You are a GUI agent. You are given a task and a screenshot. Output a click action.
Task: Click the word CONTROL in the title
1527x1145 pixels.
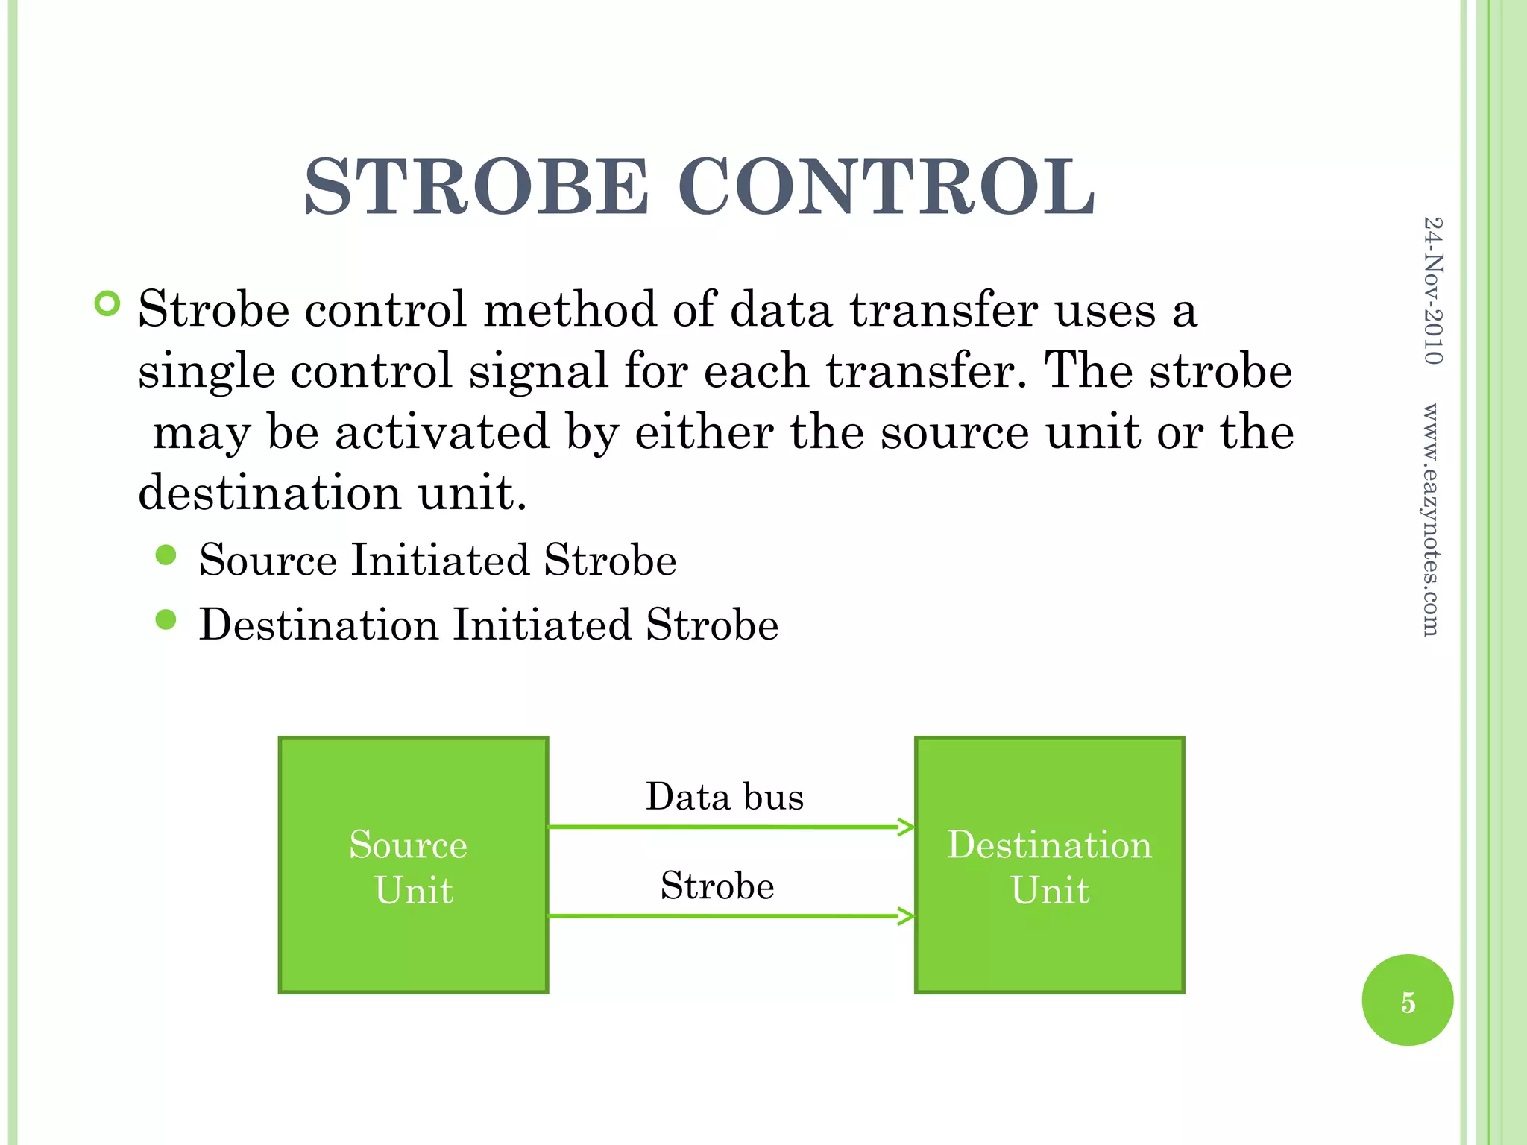tap(887, 187)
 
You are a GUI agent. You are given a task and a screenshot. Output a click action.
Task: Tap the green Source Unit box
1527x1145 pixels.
tap(413, 865)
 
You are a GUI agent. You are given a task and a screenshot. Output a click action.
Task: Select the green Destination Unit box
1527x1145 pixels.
tap(1049, 865)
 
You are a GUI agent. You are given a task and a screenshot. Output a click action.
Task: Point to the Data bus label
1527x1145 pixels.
tap(724, 796)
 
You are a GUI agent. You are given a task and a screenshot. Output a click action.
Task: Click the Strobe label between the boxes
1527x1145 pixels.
tap(717, 886)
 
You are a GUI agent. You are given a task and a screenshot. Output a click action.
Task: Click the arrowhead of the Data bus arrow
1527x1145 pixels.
tap(906, 827)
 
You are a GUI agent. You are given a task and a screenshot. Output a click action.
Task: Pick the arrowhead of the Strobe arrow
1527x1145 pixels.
tap(906, 916)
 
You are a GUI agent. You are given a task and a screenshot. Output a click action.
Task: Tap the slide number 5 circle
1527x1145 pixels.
tap(1407, 1000)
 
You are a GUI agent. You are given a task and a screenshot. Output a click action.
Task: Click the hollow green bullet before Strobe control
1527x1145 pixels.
tap(107, 303)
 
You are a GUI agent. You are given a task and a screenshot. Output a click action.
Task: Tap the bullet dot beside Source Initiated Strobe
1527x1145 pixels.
tap(166, 555)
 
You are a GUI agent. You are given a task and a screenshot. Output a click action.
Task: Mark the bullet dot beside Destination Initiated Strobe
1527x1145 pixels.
tap(166, 619)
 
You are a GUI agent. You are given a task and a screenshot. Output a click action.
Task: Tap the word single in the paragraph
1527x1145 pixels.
tap(206, 371)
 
